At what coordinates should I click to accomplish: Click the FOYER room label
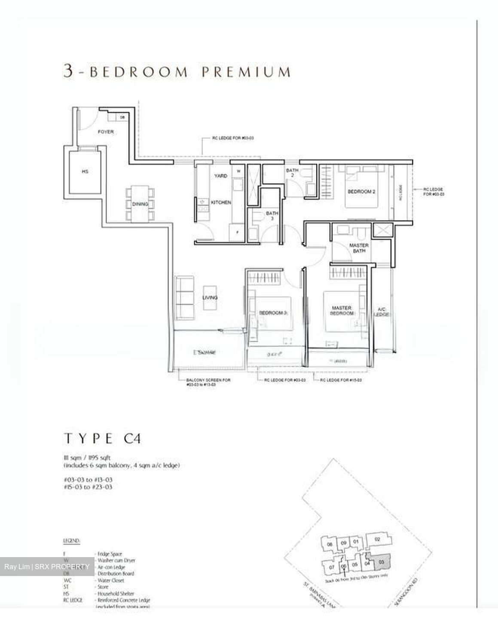[x=105, y=132]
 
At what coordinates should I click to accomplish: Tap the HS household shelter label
[x=85, y=172]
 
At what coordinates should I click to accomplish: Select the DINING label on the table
[x=140, y=204]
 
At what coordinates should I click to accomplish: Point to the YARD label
[x=220, y=176]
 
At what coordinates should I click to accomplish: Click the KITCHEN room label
[x=221, y=202]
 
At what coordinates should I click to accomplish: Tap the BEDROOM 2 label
[x=361, y=192]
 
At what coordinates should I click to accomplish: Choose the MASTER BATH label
[x=359, y=248]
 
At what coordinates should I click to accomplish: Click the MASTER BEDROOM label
[x=342, y=311]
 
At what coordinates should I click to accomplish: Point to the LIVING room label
[x=210, y=297]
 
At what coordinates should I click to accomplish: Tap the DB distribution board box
[x=122, y=117]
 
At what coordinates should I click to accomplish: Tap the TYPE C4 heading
[x=103, y=439]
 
